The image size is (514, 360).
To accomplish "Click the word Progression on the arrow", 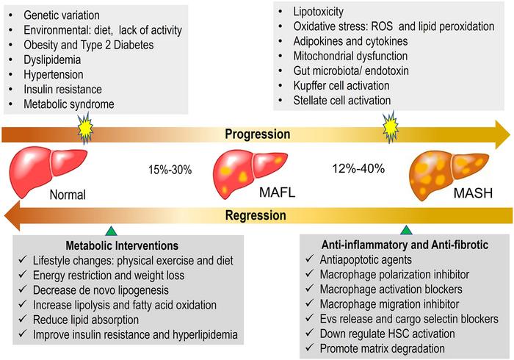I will click(257, 134).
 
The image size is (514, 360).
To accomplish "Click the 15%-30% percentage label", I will click(170, 170).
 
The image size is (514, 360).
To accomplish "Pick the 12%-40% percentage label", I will click(358, 168).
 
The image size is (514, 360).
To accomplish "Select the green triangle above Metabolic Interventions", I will click(111, 231).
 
